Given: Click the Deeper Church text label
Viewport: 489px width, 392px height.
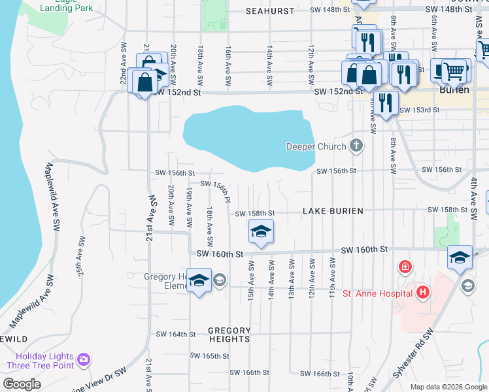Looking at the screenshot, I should [x=316, y=146].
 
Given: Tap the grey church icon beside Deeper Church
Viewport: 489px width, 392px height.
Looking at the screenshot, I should [x=356, y=145].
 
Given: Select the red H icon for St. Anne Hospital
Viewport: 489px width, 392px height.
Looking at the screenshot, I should [x=424, y=292].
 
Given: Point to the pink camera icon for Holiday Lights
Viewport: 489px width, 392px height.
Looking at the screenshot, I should [x=83, y=359].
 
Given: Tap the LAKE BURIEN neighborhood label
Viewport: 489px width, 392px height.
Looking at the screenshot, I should [x=333, y=212].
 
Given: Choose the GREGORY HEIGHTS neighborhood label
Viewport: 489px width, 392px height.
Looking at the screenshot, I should [x=229, y=335].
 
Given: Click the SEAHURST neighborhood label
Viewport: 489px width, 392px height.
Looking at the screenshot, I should [x=271, y=11].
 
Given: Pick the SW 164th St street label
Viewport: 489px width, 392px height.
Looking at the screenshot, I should [x=175, y=334].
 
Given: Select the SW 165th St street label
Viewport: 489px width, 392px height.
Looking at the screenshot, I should [x=209, y=356].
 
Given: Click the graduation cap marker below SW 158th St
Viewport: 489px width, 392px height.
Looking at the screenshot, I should [x=261, y=232].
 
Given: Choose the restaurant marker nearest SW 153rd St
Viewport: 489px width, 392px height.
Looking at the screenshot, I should [x=386, y=103].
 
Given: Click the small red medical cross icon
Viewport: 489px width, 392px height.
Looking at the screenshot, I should [x=405, y=267].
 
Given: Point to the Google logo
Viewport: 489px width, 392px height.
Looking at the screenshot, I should [x=22, y=384].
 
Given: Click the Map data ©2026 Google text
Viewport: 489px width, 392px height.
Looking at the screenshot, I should [x=448, y=387].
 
